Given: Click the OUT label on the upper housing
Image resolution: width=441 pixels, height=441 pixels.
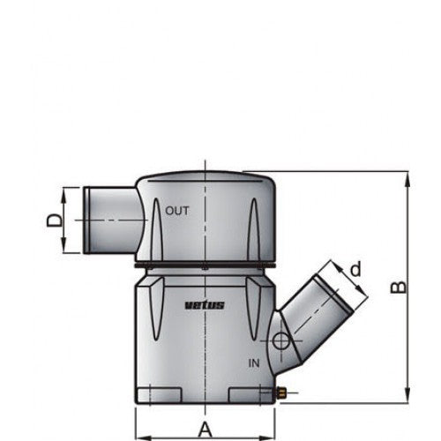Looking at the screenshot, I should click(177, 211).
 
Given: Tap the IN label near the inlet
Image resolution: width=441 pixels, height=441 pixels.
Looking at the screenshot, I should click(254, 363).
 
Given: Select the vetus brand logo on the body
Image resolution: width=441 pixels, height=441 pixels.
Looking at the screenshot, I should click(205, 305).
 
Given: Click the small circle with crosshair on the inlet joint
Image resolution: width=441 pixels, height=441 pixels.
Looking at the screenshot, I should click(280, 341).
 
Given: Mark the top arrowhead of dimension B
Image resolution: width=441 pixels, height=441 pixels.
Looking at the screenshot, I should click(407, 177).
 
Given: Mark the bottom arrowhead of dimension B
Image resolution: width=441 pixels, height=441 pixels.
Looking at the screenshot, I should click(407, 397).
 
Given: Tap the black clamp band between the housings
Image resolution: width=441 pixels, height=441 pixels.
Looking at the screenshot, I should click(205, 264).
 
